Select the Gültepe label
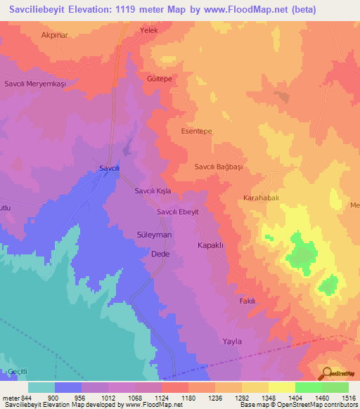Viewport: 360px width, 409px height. click(160, 79)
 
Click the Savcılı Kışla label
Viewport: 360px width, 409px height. click(154, 191)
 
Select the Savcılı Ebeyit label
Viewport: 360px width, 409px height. click(178, 212)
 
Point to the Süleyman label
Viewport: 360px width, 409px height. click(154, 234)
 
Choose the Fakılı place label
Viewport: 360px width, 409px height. click(247, 301)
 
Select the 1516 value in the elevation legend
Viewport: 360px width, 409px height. click(347, 398)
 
